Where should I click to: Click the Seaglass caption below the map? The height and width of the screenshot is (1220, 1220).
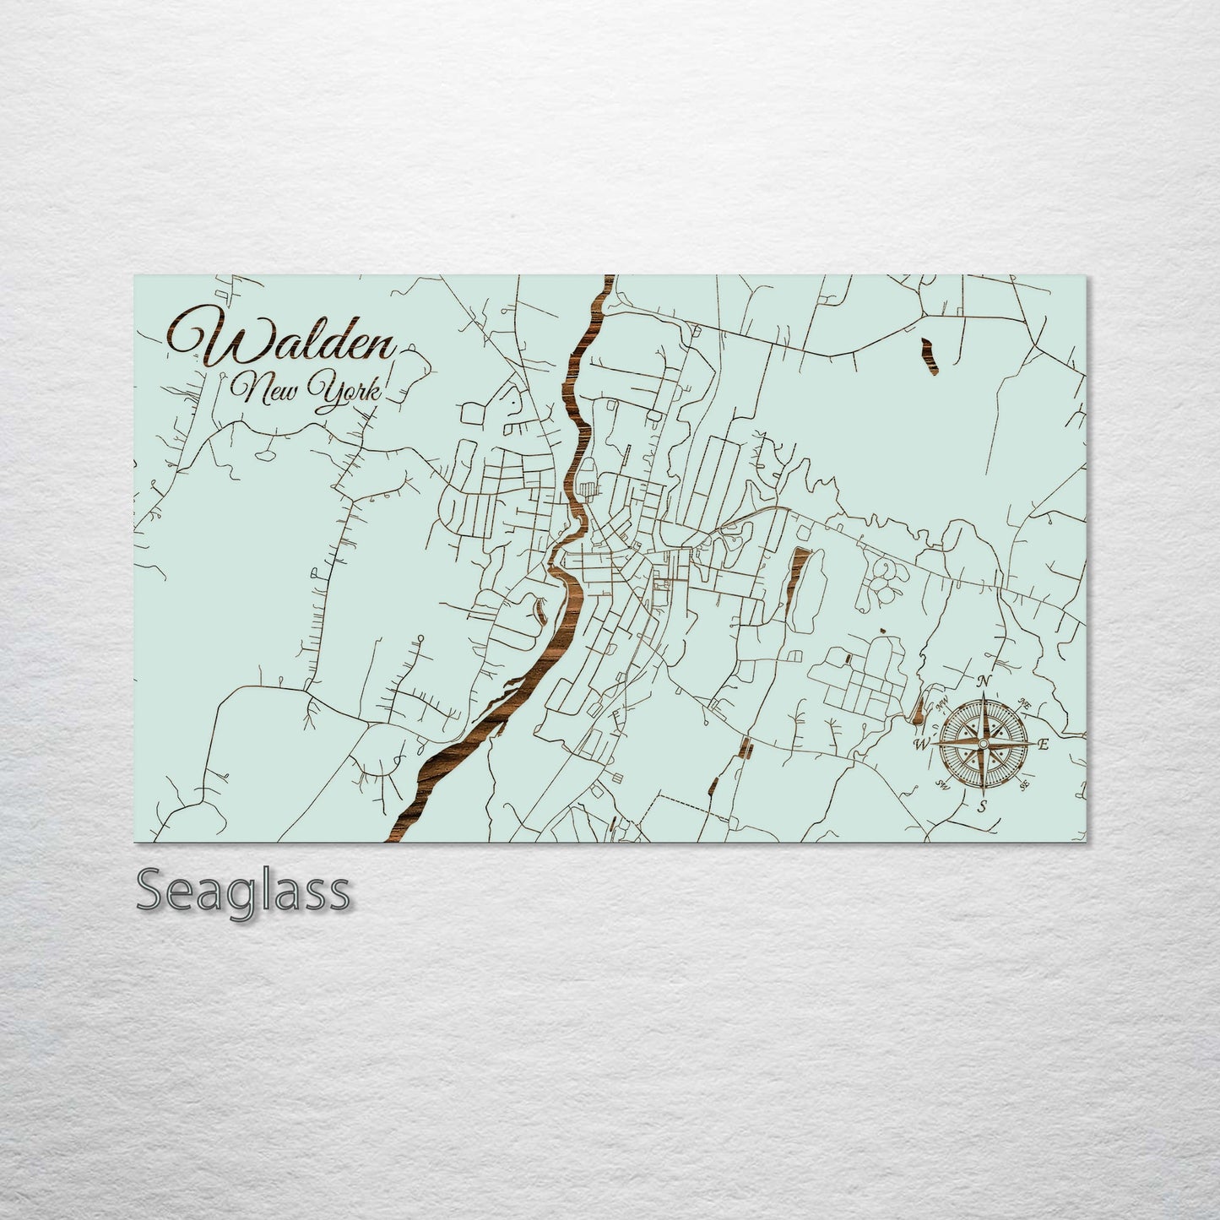242,892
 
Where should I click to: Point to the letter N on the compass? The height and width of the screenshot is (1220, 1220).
984,681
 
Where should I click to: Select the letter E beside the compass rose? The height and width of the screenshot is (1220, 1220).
1043,744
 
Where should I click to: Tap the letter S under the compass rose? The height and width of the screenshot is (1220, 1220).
982,806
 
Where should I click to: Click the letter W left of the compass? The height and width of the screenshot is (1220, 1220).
922,744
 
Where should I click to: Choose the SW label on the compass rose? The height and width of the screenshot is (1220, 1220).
942,784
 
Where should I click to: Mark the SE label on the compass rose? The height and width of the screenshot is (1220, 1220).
1024,785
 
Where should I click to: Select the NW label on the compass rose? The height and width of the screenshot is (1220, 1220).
943,702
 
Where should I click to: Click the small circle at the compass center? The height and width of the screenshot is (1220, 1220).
983,743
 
